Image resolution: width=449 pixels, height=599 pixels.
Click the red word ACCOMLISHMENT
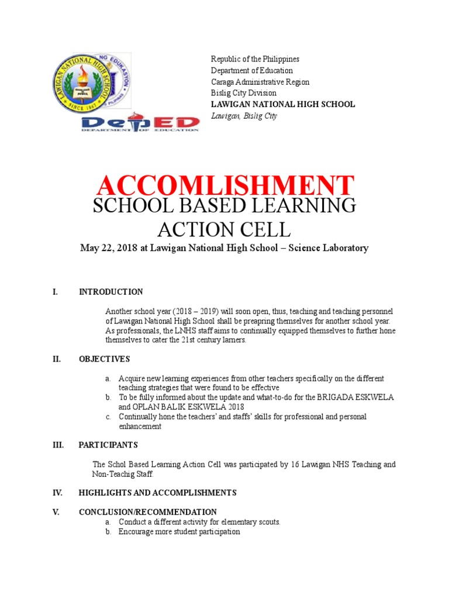(225, 185)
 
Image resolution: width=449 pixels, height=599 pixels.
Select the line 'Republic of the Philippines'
(255, 59)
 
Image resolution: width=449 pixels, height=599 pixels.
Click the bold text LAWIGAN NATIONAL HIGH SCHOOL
(282, 104)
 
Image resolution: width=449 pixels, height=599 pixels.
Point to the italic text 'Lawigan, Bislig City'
(244, 116)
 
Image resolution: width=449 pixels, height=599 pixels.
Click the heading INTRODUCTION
(111, 292)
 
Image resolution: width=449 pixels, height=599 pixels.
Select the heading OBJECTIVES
(105, 359)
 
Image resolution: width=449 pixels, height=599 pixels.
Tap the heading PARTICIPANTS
(108, 445)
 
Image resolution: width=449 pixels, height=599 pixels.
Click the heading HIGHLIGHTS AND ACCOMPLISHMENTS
(158, 493)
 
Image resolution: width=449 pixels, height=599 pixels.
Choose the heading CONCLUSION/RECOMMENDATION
(148, 512)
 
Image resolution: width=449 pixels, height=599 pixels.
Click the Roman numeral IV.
(57, 493)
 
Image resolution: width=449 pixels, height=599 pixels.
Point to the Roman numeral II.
(57, 359)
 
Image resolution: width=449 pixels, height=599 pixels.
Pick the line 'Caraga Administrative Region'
(260, 82)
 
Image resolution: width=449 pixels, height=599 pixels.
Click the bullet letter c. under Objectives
(108, 417)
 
